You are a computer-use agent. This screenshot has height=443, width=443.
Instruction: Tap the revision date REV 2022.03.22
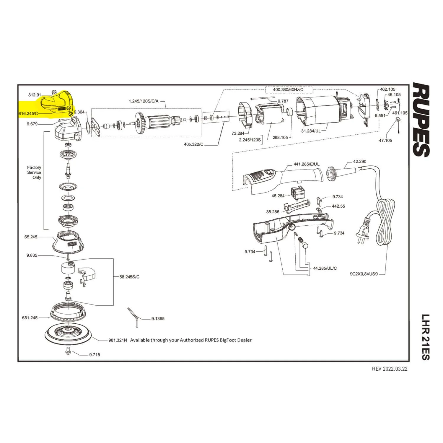point(390,369)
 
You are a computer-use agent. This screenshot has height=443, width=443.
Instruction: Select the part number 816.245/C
point(28,113)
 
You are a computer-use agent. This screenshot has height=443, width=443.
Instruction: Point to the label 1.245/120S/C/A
point(144,101)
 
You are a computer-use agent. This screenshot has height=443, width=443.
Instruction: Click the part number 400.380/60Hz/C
point(288,89)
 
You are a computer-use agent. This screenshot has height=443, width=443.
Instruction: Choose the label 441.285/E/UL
point(306,164)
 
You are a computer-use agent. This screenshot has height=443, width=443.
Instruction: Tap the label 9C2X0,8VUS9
point(364,274)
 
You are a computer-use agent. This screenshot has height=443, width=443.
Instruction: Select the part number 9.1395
point(158,319)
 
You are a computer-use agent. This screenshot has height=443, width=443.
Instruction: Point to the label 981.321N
point(118,340)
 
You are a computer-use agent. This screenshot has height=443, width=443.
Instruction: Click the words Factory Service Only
point(34,172)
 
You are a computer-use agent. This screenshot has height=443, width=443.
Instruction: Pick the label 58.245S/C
point(129,277)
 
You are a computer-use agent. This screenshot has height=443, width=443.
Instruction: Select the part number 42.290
point(360,162)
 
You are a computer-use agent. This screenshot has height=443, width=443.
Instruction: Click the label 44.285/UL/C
point(325,268)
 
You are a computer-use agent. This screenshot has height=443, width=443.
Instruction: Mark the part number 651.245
point(30,318)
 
